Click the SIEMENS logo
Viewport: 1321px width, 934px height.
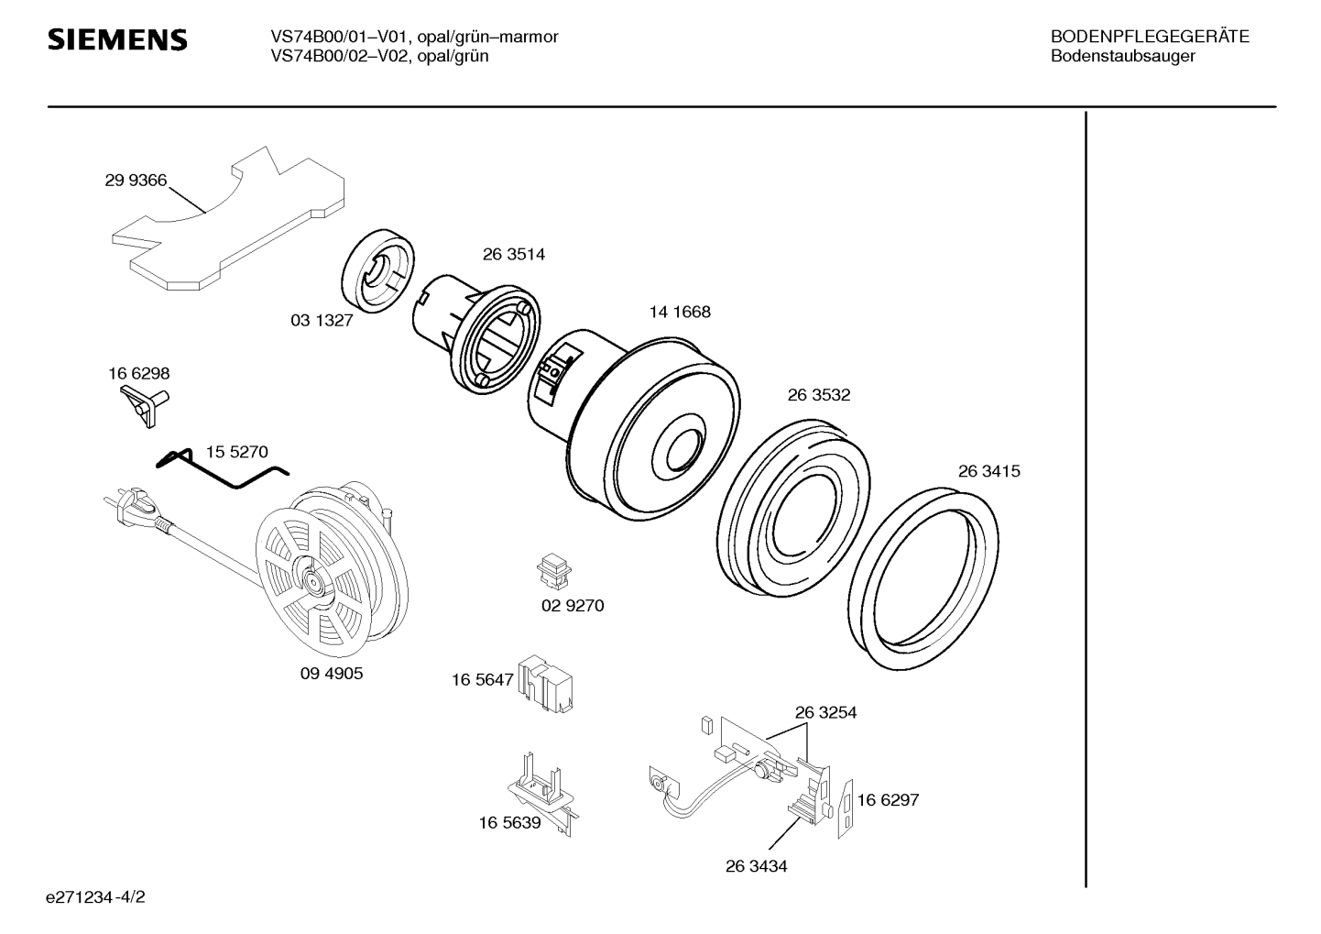(117, 39)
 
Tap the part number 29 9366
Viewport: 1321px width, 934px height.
(136, 180)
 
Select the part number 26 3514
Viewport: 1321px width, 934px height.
(514, 254)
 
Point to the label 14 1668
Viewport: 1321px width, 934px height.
(680, 312)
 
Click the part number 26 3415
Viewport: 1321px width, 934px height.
(989, 471)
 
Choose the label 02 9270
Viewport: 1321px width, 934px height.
(573, 606)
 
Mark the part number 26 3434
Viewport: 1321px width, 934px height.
(756, 866)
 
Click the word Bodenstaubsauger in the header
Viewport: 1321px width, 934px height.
(1123, 56)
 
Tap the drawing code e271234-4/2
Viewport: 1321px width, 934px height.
(95, 897)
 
